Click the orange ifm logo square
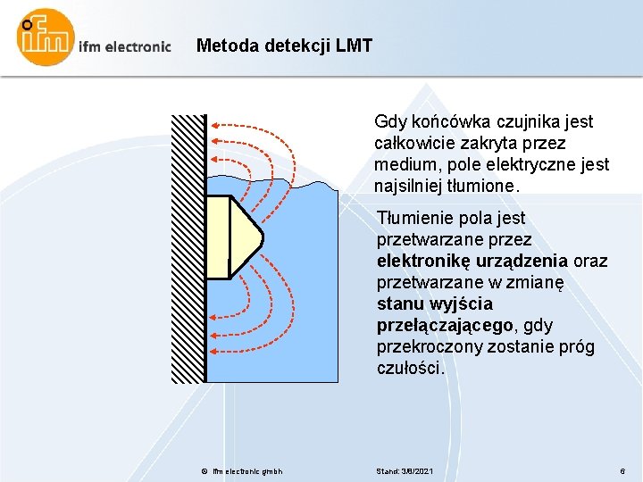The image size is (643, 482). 45,37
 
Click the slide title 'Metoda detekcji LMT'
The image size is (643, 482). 284,45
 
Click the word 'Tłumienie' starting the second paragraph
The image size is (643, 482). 413,219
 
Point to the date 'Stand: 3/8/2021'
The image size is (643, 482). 406,470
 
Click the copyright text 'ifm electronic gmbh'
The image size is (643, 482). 247,470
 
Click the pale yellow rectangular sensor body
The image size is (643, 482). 218,237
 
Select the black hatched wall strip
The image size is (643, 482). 188,248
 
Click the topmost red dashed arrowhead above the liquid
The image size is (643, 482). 214,123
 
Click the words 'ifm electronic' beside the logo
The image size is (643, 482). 125,46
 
